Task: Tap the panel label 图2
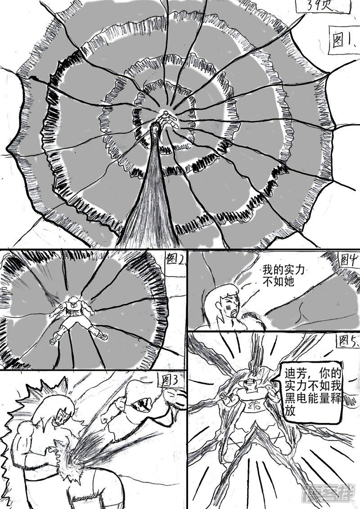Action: (x=174, y=260)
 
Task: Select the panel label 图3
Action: (x=170, y=381)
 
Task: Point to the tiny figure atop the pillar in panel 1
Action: (x=167, y=118)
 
